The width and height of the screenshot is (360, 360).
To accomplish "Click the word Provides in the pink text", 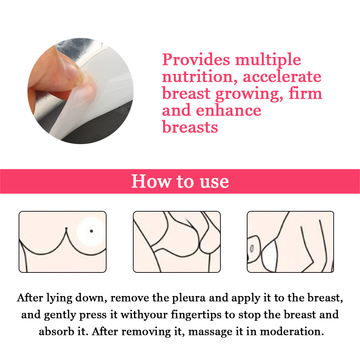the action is coord(196,59).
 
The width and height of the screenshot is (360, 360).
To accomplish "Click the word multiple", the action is coord(268,60).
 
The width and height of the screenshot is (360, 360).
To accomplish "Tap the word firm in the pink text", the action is coord(306,93).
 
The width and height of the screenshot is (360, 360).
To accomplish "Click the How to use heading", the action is coord(180,181).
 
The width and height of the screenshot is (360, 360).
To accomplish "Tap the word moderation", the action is coord(292,332).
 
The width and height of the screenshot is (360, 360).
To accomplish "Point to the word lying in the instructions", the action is coord(59,298).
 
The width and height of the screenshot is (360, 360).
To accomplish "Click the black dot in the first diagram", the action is coord(91,231).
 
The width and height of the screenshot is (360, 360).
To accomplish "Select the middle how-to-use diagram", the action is coord(177,242).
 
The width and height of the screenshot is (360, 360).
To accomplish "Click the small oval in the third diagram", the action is coord(252,249).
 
